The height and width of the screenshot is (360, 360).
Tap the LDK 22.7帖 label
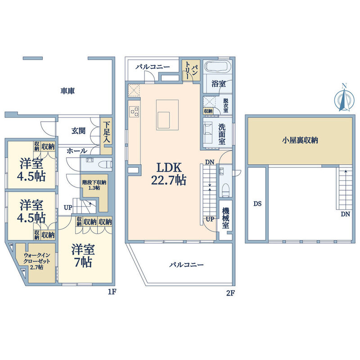[169, 174]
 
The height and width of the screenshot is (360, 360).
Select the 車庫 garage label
[68, 91]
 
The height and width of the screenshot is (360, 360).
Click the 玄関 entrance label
[78, 131]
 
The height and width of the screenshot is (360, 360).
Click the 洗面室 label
[222, 134]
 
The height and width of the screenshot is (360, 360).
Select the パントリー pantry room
[191, 70]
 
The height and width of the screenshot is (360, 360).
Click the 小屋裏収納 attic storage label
[300, 140]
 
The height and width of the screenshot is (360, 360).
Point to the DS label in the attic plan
[257, 204]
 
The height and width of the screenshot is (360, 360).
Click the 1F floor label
[112, 292]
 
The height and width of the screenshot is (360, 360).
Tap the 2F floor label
[230, 293]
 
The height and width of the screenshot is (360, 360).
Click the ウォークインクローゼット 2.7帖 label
[37, 261]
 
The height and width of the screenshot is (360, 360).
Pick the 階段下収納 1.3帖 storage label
[94, 185]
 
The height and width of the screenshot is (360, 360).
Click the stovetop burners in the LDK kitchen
[135, 112]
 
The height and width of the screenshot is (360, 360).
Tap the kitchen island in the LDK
[167, 115]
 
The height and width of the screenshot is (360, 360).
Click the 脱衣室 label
[226, 105]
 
